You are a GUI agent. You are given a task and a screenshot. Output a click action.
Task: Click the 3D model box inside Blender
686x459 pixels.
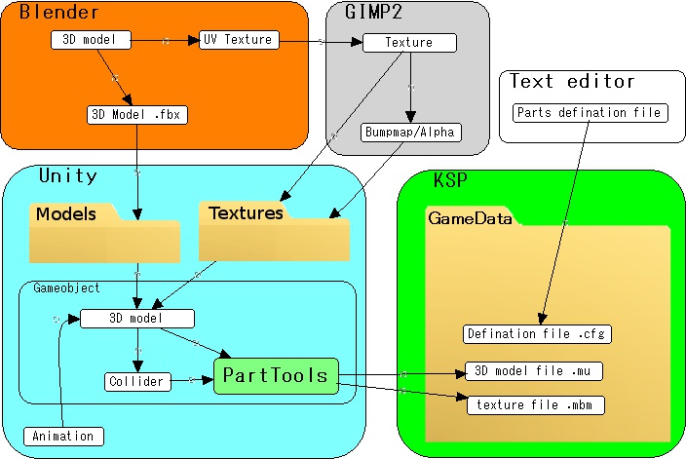pyautogui.click(x=91, y=40)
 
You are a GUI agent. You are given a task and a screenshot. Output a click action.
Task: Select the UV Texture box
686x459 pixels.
pyautogui.click(x=239, y=40)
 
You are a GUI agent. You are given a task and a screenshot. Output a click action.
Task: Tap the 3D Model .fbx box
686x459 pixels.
pyautogui.click(x=136, y=115)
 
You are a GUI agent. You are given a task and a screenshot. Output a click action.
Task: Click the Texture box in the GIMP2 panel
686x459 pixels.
pyautogui.click(x=409, y=43)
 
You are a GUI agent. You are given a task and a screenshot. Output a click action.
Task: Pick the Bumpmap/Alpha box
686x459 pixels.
pyautogui.click(x=409, y=131)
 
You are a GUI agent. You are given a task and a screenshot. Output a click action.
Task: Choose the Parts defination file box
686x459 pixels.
pyautogui.click(x=589, y=112)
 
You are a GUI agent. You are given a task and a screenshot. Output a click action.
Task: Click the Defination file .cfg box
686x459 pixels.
pyautogui.click(x=537, y=333)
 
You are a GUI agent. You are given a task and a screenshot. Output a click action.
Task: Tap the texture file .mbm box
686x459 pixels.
pyautogui.click(x=535, y=404)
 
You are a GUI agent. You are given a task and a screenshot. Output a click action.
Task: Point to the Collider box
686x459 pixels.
pyautogui.click(x=137, y=381)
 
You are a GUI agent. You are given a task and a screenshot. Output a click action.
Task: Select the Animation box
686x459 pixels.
pyautogui.click(x=63, y=436)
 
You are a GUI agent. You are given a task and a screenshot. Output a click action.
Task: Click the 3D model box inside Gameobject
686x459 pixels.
pyautogui.click(x=136, y=319)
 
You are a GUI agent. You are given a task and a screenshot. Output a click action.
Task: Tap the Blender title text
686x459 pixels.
pyautogui.click(x=58, y=14)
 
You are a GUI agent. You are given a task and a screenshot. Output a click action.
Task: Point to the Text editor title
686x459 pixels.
pyautogui.click(x=572, y=81)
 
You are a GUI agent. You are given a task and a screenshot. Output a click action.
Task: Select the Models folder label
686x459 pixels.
pyautogui.click(x=66, y=214)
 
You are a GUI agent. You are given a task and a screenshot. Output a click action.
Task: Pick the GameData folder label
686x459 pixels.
pyautogui.click(x=471, y=219)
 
